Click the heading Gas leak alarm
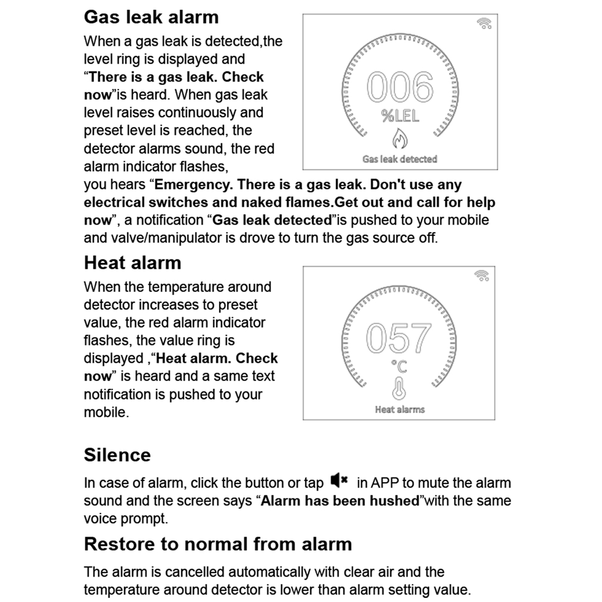coord(151,16)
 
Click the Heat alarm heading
coord(132,262)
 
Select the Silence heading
coord(117,455)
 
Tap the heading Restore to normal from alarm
coord(217,544)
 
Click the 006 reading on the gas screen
coord(400,88)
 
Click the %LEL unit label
coord(400,116)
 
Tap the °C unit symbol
coord(399,365)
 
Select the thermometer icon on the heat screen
coord(399,388)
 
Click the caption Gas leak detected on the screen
coord(400,159)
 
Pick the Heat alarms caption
coord(400,409)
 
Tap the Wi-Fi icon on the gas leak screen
coord(484,23)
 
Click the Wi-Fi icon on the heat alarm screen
coord(482,275)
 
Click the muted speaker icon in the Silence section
coord(340,481)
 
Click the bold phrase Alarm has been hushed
coord(340,501)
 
